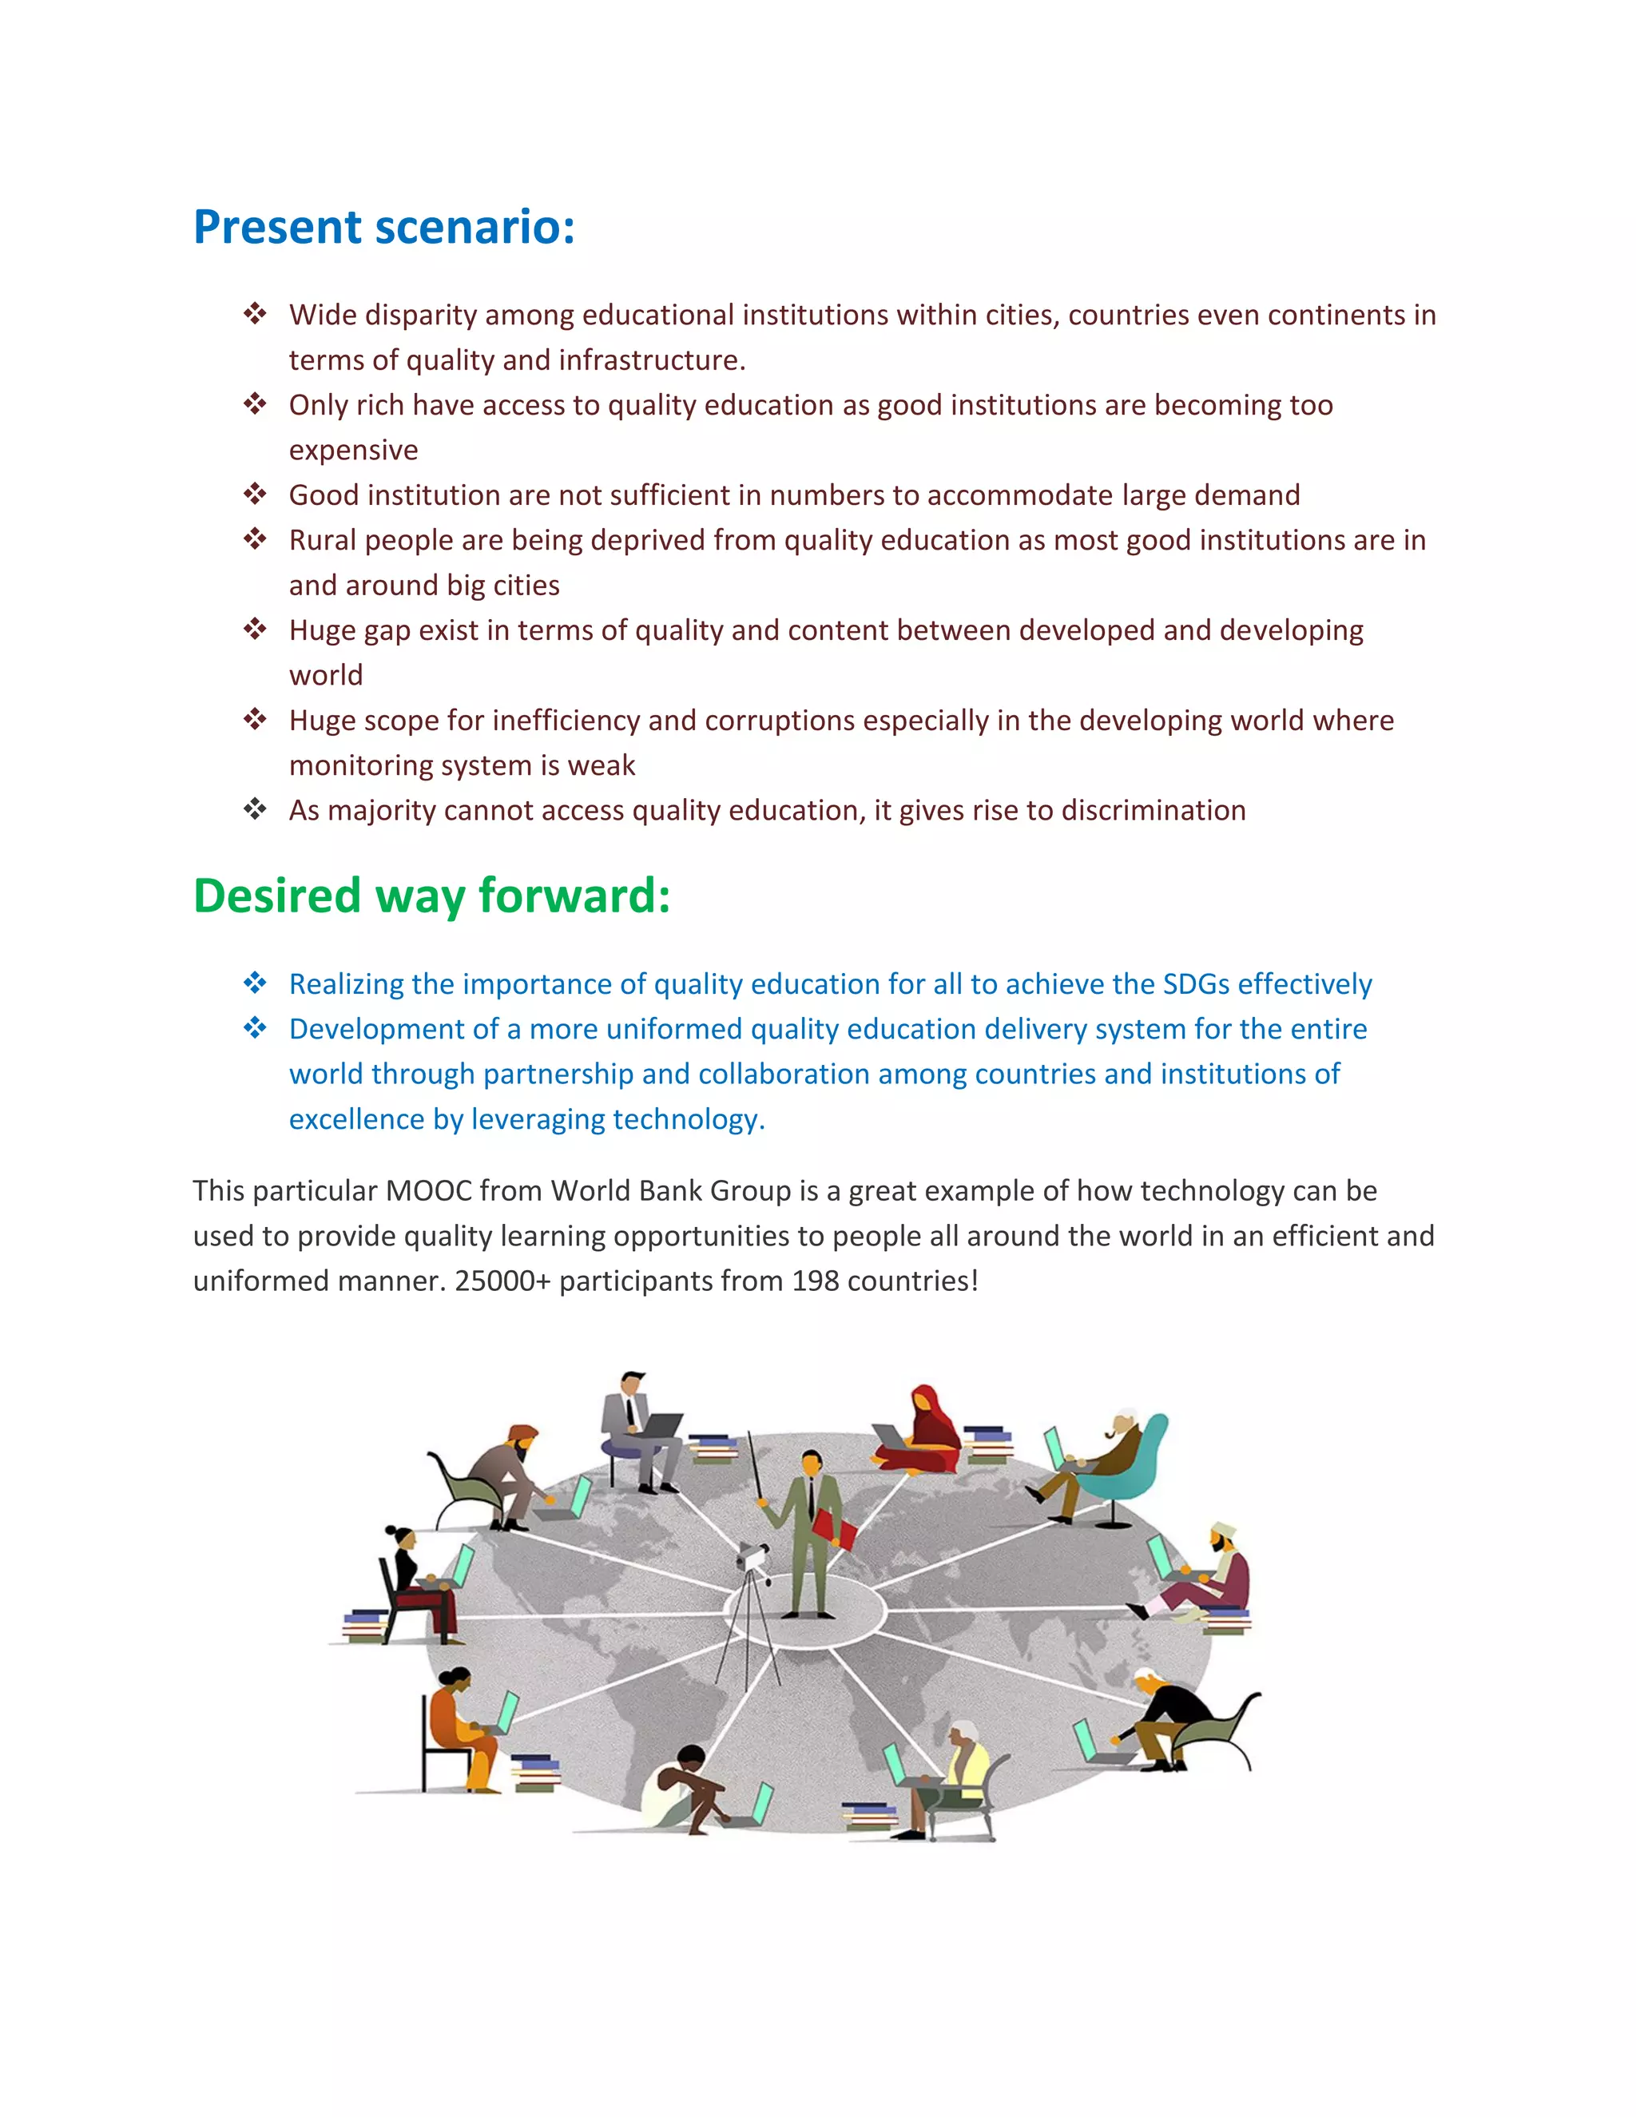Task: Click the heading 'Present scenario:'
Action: (x=383, y=228)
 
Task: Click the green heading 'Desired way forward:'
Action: (x=431, y=896)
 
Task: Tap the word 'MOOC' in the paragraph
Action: (x=427, y=1190)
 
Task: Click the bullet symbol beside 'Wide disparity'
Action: (x=255, y=314)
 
